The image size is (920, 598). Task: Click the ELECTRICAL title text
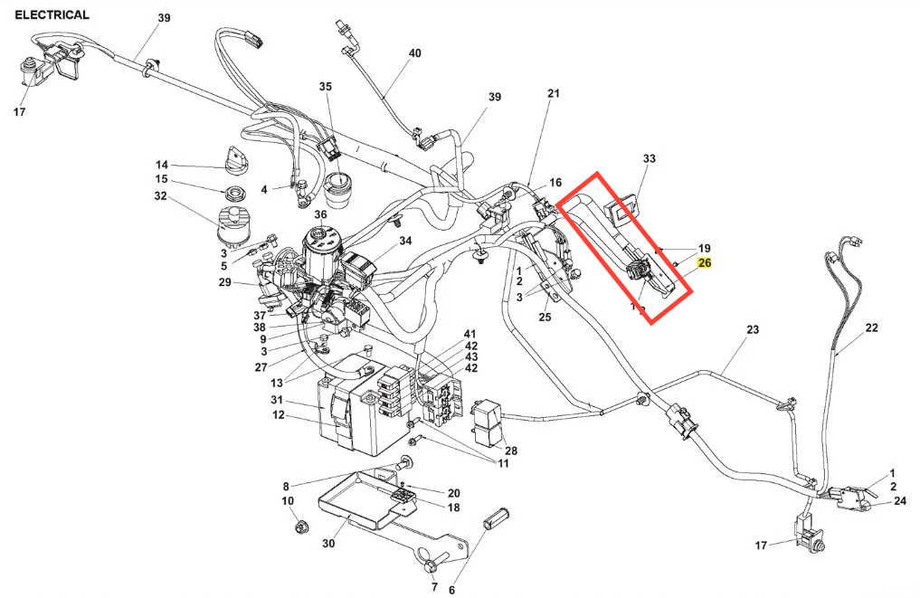[x=52, y=14]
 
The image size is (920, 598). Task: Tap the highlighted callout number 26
[x=705, y=263]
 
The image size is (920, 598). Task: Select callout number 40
[x=414, y=53]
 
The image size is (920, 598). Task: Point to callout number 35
[x=326, y=87]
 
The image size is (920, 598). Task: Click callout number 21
[x=554, y=93]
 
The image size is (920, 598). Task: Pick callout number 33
[x=649, y=158]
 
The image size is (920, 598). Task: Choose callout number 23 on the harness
[x=752, y=330]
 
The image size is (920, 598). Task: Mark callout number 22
[x=871, y=327]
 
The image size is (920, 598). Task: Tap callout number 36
[x=320, y=214]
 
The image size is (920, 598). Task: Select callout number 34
[x=405, y=241]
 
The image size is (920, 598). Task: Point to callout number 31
[x=278, y=401]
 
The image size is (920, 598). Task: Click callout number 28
[x=511, y=451]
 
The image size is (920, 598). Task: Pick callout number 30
[x=327, y=544]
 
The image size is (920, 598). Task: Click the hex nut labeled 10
[x=294, y=525]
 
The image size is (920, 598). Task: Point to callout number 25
[x=545, y=317]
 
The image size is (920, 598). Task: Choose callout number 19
[x=704, y=248]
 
